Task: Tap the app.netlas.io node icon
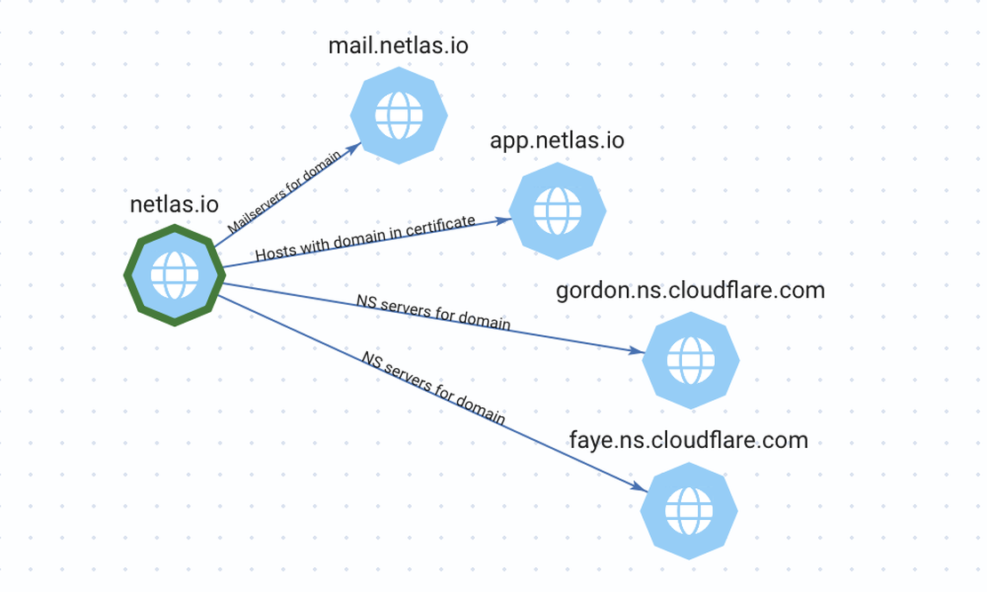558,212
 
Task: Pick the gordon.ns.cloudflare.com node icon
691,360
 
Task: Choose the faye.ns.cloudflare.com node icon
689,510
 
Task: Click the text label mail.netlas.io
398,45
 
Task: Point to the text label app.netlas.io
557,140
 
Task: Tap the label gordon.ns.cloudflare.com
690,291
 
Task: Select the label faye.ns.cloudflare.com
688,439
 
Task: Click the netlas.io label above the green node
174,204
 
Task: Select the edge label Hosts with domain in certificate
365,237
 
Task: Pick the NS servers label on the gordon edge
433,312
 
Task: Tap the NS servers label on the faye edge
433,388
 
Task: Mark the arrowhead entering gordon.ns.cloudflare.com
635,351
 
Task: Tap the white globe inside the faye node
689,510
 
